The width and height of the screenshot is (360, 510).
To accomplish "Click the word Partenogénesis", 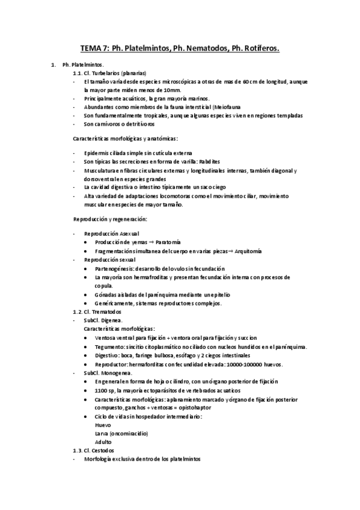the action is click(x=114, y=268).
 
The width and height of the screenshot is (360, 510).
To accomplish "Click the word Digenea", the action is click(x=112, y=321).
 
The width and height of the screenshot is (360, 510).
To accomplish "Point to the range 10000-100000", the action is click(x=246, y=364).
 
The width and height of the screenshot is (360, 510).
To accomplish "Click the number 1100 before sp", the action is click(x=102, y=390).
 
